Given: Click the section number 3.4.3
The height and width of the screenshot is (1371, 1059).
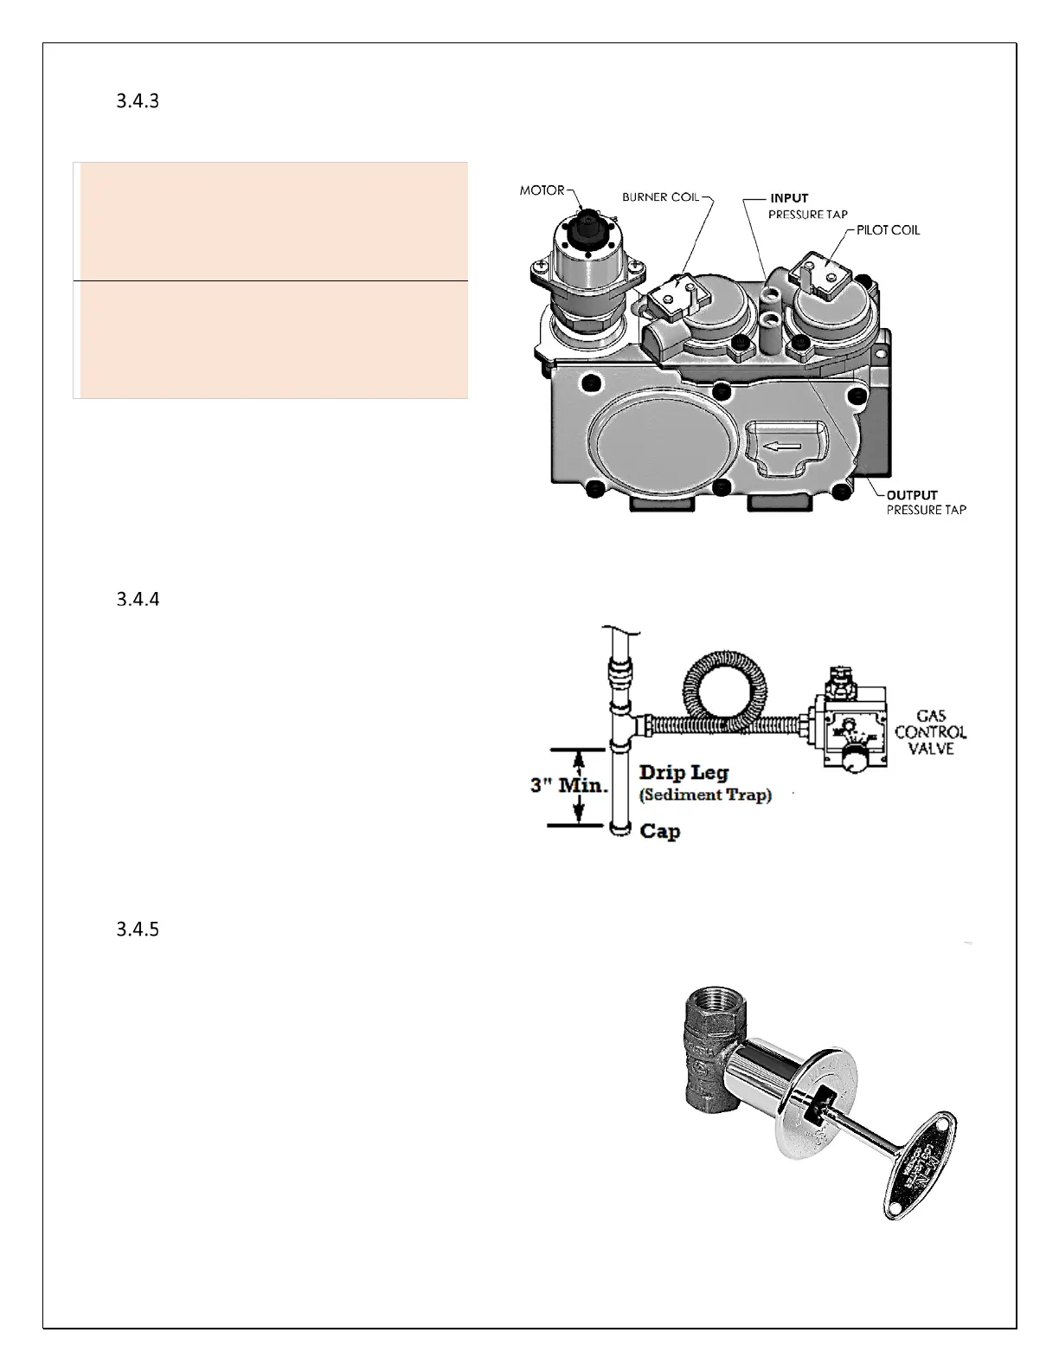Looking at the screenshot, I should [x=138, y=101].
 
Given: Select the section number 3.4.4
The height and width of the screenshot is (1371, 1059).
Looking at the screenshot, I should [x=138, y=599].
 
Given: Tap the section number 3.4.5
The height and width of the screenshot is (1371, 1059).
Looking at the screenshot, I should [x=138, y=930].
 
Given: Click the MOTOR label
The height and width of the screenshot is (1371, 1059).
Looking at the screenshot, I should [x=542, y=190].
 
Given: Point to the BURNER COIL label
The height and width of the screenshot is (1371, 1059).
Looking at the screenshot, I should [x=660, y=197].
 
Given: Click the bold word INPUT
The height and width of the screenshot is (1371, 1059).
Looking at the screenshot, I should [x=789, y=198].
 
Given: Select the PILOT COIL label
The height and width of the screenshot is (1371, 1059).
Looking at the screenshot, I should [x=888, y=230].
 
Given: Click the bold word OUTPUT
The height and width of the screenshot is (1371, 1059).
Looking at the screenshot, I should [x=912, y=496].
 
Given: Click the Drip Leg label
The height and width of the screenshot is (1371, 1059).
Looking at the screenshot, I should [x=684, y=773].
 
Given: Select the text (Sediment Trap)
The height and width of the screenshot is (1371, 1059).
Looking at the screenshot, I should [x=705, y=795].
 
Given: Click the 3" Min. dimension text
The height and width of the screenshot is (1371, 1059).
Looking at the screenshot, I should [x=569, y=787].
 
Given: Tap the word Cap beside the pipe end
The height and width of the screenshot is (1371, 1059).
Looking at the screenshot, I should [x=659, y=831].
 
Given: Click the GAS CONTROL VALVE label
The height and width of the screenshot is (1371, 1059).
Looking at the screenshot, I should [x=931, y=732].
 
